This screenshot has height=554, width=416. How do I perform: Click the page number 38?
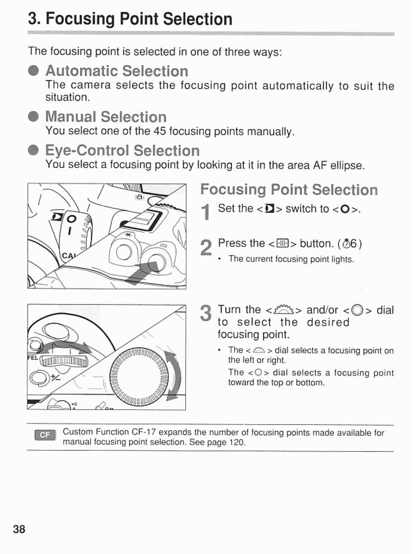tap(19, 529)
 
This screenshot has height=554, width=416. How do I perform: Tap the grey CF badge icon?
tap(45, 435)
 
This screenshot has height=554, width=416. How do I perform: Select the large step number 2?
tap(206, 247)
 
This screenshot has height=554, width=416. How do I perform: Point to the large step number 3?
tap(206, 313)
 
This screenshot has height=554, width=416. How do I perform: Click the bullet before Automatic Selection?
tap(34, 71)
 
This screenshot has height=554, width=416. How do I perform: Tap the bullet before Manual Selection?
tap(34, 117)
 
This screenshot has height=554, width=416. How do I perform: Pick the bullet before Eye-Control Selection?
tap(34, 151)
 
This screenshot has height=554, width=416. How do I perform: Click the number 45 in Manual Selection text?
tap(159, 131)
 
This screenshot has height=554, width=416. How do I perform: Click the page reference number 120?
tap(237, 442)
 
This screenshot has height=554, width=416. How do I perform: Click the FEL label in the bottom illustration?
tap(33, 357)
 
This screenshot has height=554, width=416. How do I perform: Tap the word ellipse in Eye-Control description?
tap(348, 166)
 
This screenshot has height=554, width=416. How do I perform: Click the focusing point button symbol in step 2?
tap(283, 243)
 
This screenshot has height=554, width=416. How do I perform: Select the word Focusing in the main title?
tap(80, 19)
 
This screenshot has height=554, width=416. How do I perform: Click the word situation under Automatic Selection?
tap(67, 97)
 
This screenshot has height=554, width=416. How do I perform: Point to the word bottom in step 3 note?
tap(311, 383)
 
